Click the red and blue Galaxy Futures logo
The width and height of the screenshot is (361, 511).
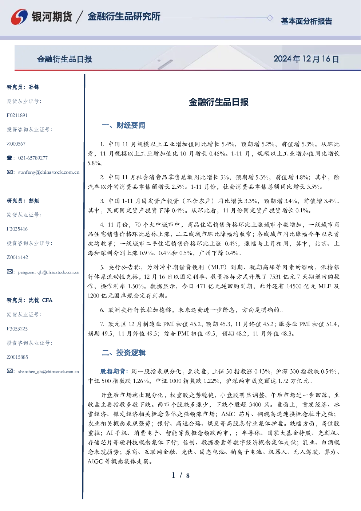(x=19, y=17)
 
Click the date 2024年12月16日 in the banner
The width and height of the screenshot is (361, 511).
(x=306, y=59)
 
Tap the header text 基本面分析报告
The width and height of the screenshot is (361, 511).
(x=306, y=21)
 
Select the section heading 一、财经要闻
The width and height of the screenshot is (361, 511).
(x=123, y=125)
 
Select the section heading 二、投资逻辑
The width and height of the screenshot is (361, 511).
(x=123, y=353)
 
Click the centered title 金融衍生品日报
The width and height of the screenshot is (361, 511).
(x=219, y=102)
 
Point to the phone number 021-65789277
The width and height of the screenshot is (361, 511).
(x=33, y=158)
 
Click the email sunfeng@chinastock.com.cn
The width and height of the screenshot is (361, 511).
(x=49, y=172)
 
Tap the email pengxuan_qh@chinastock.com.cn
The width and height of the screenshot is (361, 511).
(x=49, y=272)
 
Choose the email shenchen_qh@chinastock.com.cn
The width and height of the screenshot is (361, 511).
(x=48, y=372)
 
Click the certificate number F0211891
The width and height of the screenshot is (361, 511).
(x=17, y=115)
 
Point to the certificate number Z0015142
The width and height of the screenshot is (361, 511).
(x=17, y=258)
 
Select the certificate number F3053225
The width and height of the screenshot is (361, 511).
(x=17, y=329)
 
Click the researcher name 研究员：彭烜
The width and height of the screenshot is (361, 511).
(x=23, y=201)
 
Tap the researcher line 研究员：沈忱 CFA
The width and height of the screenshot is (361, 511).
(x=29, y=300)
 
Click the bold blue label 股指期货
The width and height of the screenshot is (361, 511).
(x=112, y=372)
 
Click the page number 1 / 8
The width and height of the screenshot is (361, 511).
(x=180, y=475)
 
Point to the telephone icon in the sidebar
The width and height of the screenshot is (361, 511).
(x=9, y=158)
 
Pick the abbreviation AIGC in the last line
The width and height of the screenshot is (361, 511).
(x=95, y=462)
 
